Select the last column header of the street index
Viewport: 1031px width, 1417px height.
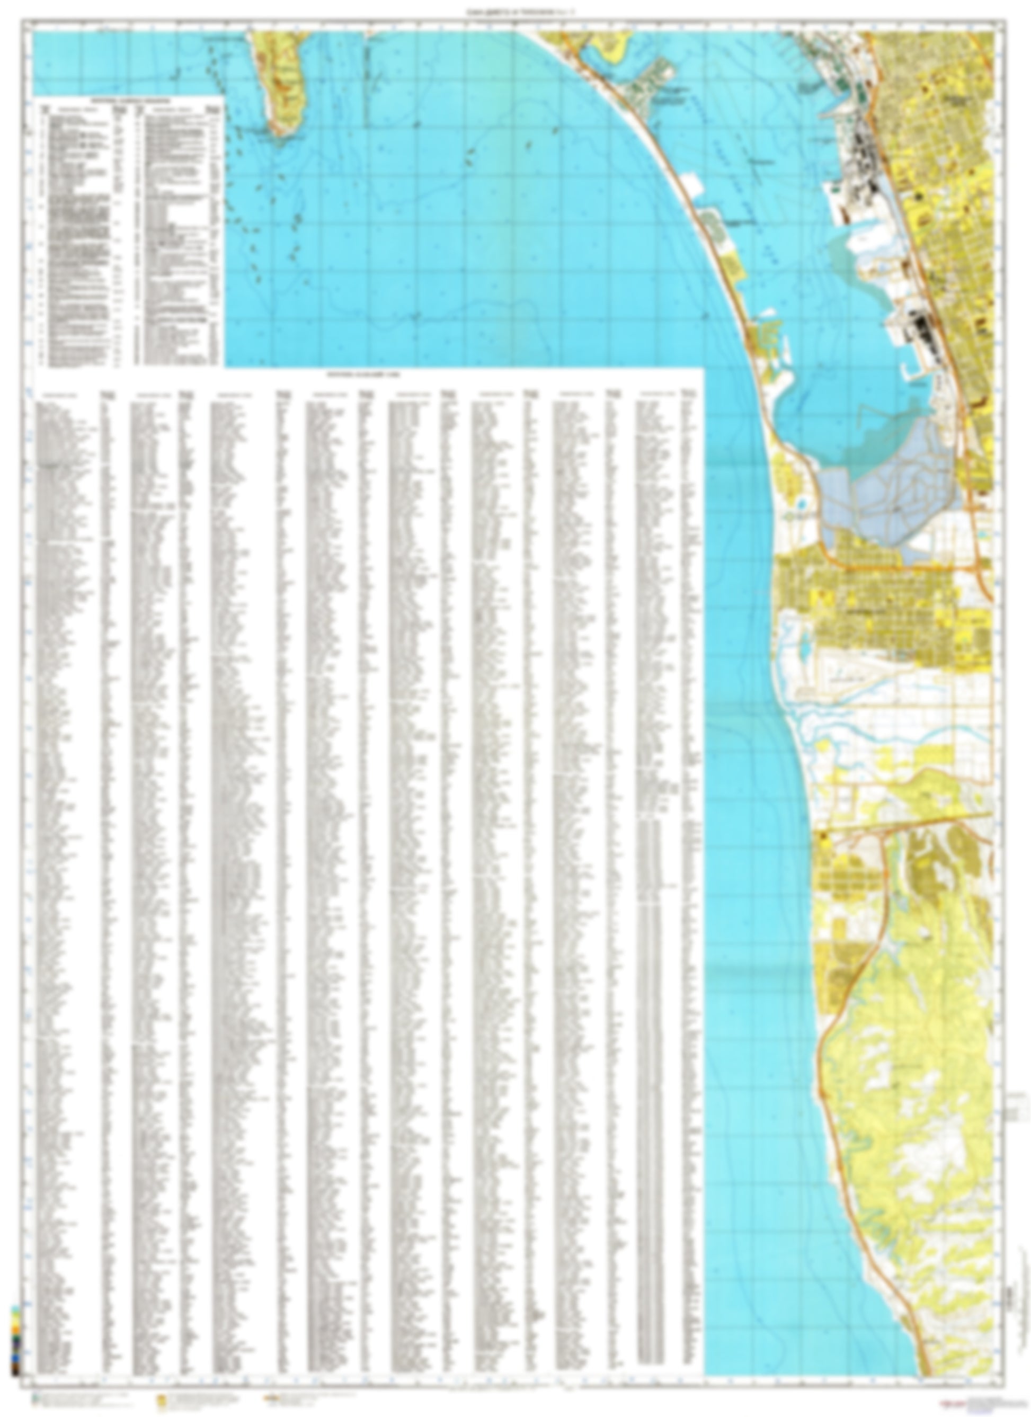tap(659, 394)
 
